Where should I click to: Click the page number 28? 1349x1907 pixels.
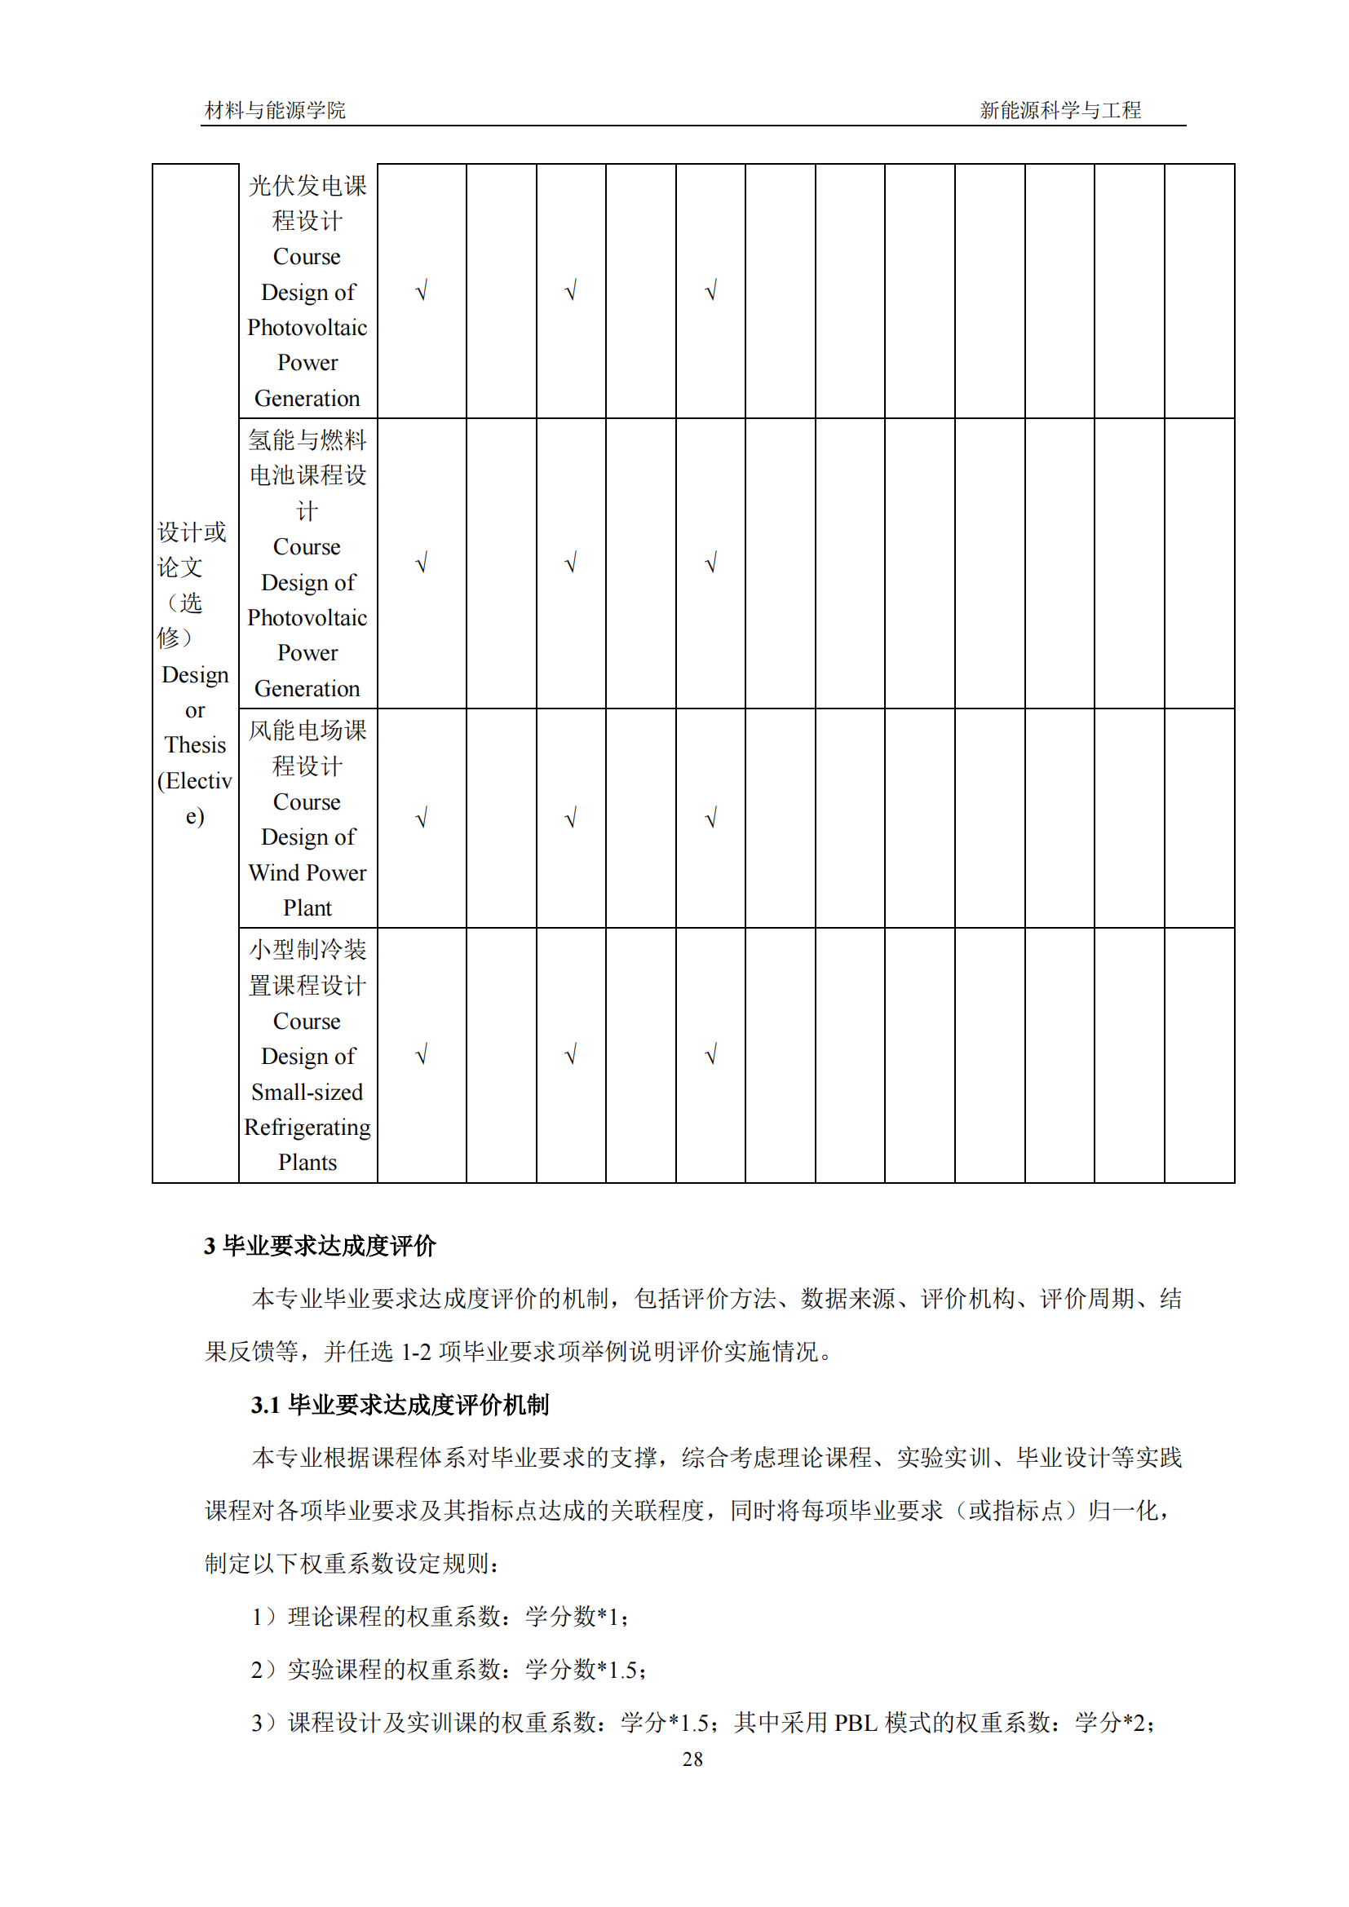(x=692, y=1759)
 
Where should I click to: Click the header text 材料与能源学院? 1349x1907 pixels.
(x=275, y=109)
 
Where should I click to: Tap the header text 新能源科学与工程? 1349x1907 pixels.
(x=1060, y=109)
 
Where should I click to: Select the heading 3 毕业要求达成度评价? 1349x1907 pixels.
(x=320, y=1246)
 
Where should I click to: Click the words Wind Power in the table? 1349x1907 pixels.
(x=307, y=873)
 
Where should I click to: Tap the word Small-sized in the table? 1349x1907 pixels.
(x=307, y=1093)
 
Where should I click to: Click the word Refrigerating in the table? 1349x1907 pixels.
(x=307, y=1128)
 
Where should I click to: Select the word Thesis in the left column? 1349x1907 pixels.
(x=195, y=745)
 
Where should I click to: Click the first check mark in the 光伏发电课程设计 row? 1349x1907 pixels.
(x=421, y=292)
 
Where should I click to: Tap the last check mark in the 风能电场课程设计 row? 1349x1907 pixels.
(x=710, y=819)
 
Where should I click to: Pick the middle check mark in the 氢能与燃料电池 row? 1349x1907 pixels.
(x=571, y=564)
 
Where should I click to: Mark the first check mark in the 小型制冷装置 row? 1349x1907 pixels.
(x=421, y=1056)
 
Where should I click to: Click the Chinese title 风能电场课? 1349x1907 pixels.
(x=307, y=731)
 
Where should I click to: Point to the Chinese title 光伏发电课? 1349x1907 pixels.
(x=307, y=186)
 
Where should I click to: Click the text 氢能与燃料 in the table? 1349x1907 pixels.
(x=307, y=440)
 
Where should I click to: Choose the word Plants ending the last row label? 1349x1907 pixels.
(x=307, y=1163)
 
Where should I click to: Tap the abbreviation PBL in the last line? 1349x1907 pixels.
(x=856, y=1723)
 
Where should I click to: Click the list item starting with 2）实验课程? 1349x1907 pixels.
(x=449, y=1670)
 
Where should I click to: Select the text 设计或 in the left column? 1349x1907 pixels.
(x=192, y=532)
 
